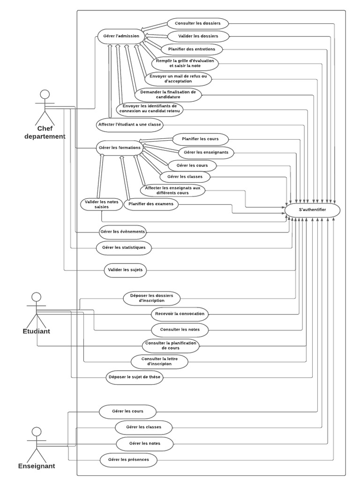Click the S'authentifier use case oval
point(313,210)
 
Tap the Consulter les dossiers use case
point(197,23)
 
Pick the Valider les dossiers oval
point(197,36)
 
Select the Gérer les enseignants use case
point(206,152)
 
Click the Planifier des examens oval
point(150,204)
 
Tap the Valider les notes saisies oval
point(101,204)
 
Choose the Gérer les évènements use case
point(122,232)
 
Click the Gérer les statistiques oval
point(124,247)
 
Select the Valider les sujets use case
point(125,270)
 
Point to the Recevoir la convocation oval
point(180,314)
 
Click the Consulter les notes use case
point(180,330)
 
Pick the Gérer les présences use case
point(128,460)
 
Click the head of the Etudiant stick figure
point(36,297)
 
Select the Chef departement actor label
point(45,133)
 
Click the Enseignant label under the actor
point(37,466)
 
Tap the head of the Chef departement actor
point(45,93)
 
